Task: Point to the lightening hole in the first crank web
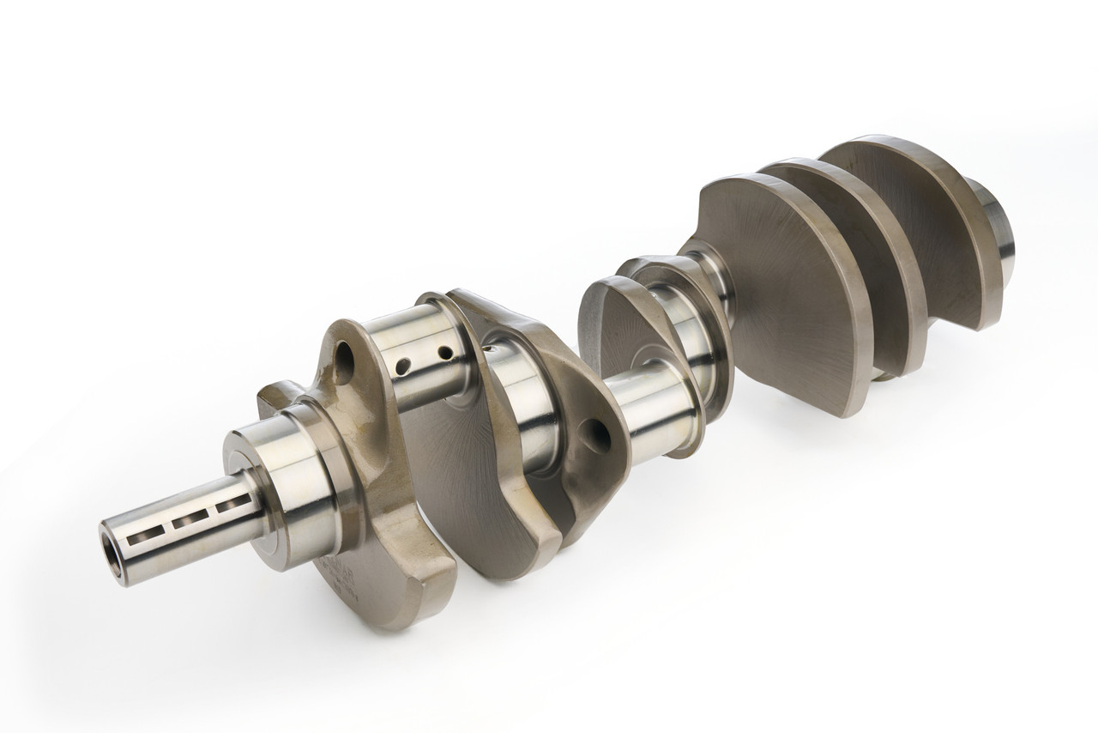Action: coord(344,362)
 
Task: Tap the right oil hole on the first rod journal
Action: coord(444,352)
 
